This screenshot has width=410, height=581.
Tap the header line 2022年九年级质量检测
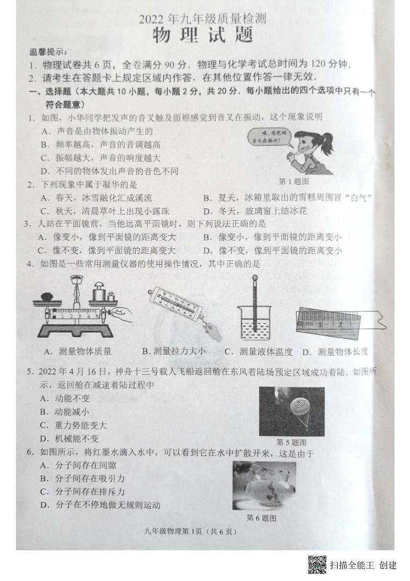(x=202, y=19)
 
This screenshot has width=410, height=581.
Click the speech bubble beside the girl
(x=270, y=136)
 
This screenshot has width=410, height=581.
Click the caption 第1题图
(x=293, y=181)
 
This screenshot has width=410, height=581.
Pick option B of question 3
(x=272, y=237)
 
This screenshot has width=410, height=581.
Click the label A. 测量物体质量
(x=78, y=351)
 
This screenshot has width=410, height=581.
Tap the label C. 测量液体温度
(x=259, y=352)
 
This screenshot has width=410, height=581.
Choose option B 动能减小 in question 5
(x=65, y=411)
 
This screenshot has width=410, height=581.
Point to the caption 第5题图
(x=291, y=442)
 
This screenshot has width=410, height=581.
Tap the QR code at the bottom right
(x=317, y=564)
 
